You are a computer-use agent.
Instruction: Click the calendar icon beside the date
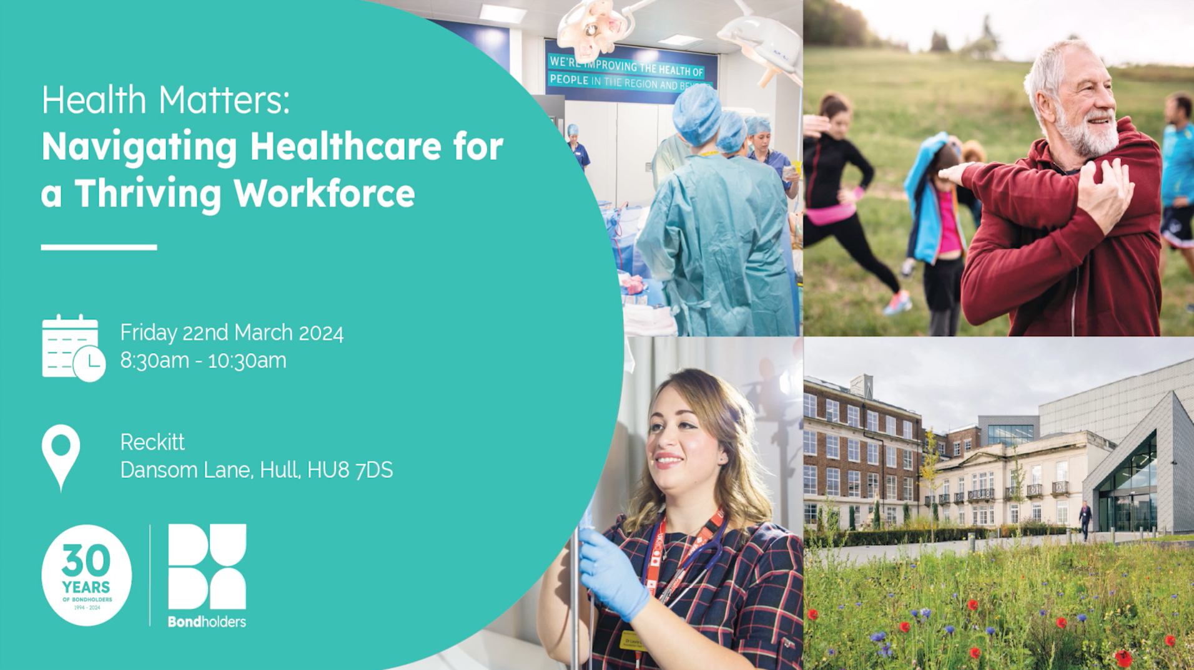click(x=72, y=347)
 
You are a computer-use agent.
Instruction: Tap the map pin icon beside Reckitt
click(x=61, y=456)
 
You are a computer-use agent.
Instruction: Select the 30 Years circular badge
click(x=86, y=575)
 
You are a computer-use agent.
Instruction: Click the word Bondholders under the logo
click(x=207, y=621)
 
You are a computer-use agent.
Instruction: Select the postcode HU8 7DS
click(x=350, y=470)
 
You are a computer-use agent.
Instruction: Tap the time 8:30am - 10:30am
click(x=203, y=361)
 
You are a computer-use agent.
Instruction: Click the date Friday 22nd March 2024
click(x=232, y=333)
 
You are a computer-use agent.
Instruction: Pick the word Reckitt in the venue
click(x=152, y=442)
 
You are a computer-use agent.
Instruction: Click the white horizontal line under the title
click(x=99, y=248)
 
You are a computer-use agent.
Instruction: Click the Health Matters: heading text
click(x=165, y=100)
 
